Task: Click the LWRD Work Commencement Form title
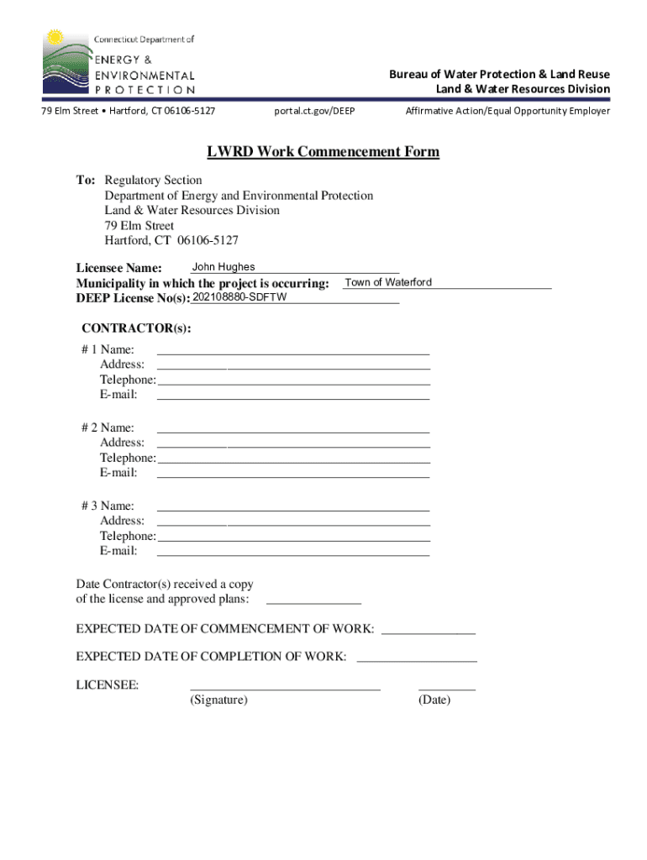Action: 323,152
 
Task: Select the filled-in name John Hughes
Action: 224,267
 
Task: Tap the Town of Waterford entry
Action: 388,282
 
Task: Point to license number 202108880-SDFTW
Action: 239,298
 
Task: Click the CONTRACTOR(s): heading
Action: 136,328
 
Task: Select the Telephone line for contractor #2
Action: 293,458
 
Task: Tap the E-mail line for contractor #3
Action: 293,551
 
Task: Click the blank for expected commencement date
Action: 429,629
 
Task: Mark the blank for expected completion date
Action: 417,657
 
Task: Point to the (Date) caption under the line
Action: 434,700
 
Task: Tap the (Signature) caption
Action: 218,700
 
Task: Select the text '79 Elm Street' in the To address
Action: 139,226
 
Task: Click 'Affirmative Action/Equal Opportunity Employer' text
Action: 508,111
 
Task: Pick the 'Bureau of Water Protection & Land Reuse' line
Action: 499,74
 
